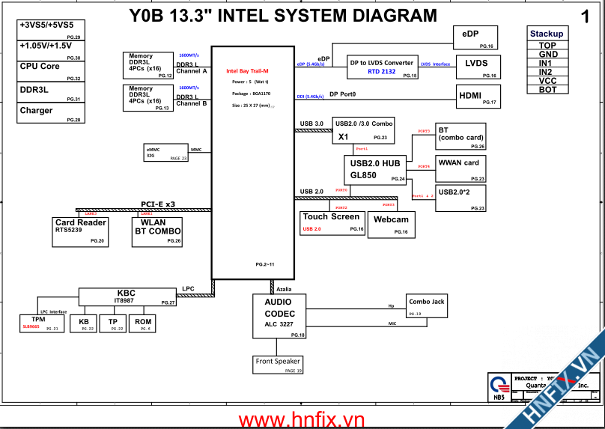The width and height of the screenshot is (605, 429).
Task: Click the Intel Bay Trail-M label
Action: coord(247,71)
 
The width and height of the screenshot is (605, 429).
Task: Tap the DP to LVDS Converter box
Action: coord(382,67)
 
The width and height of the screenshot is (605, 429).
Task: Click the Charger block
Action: coord(50,113)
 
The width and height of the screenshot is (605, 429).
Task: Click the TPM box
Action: coord(40,323)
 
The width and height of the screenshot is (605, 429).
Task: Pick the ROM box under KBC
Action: coord(142,323)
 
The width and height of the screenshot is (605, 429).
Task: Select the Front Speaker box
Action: coord(279,365)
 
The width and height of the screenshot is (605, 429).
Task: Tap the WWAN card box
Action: coord(460,168)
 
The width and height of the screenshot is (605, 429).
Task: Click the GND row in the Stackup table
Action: coord(547,55)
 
